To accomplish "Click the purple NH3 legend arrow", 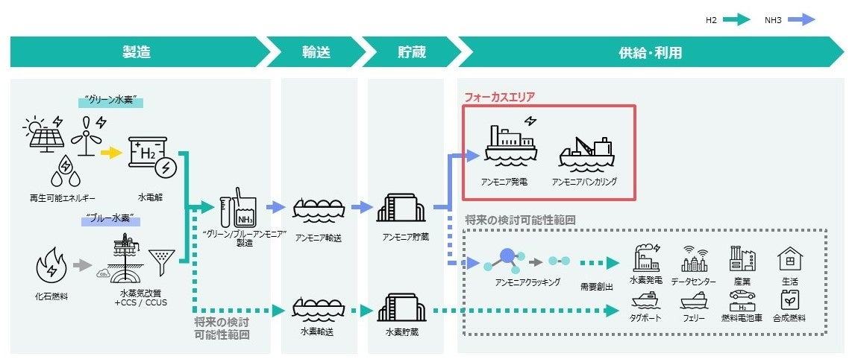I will coord(801,20).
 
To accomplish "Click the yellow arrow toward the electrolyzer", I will coord(110,153).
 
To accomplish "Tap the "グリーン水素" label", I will coord(111,101).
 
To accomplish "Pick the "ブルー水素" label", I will coord(111,219).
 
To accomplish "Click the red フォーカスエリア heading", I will coord(500,97).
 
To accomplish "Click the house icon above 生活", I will coord(789,259).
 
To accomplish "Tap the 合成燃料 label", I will coord(789,318).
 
